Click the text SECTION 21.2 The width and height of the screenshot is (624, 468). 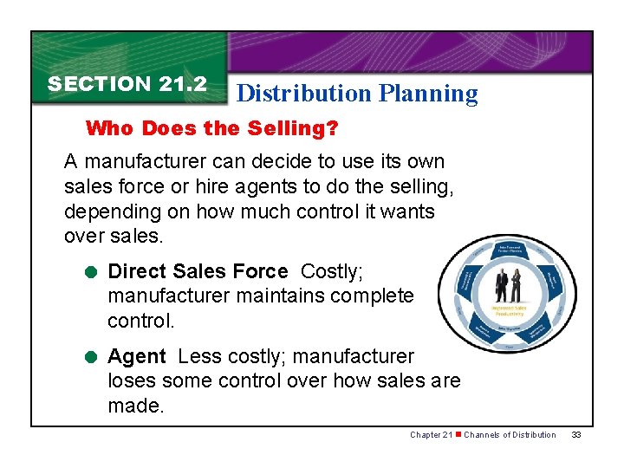pyautogui.click(x=127, y=84)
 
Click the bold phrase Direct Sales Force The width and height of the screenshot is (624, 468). pyautogui.click(x=198, y=271)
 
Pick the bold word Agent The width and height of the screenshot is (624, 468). pyautogui.click(x=136, y=356)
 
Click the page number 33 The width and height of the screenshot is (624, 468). pyautogui.click(x=576, y=434)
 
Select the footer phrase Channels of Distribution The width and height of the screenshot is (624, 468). pyautogui.click(x=510, y=434)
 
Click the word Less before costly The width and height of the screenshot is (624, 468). pyautogui.click(x=195, y=356)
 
